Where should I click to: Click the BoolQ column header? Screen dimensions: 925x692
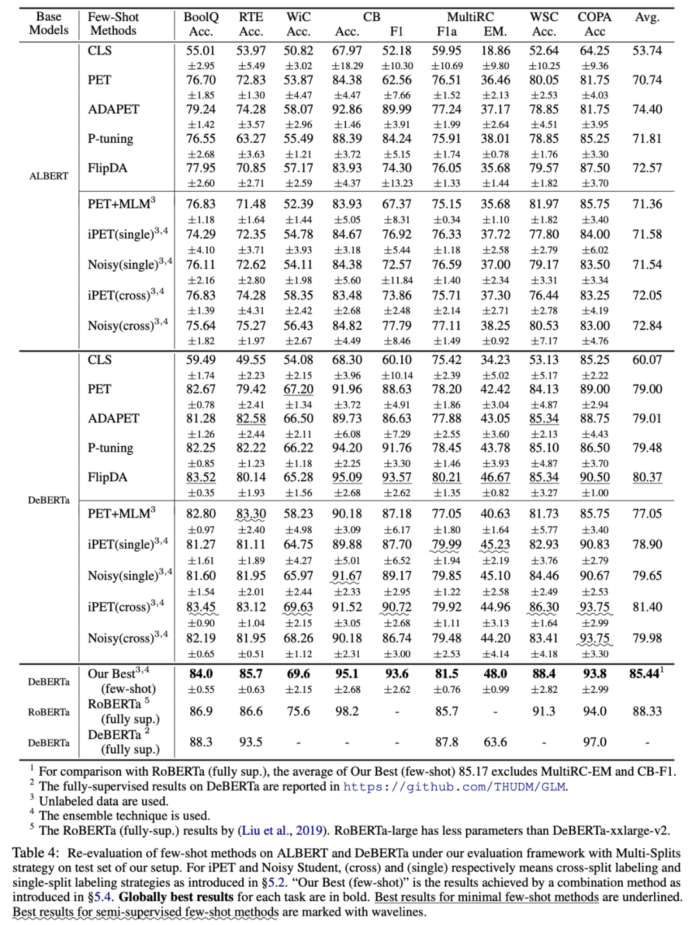201,17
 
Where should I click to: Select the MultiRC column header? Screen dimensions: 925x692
470,17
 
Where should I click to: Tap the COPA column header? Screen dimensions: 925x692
594,17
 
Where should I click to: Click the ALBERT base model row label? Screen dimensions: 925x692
49,176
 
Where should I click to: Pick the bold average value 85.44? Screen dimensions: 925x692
646,674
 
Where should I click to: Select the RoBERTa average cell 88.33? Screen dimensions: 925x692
647,712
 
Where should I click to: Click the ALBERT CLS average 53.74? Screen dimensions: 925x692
647,51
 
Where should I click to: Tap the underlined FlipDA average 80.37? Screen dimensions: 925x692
647,478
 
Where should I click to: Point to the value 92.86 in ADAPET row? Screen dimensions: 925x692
347,110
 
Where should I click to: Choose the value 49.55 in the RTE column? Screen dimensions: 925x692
251,360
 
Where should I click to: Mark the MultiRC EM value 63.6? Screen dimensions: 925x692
495,742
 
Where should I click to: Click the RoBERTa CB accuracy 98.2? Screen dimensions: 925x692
347,712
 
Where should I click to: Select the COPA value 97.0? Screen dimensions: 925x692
594,742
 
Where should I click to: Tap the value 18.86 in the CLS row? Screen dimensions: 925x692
495,51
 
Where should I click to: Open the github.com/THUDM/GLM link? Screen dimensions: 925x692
455,787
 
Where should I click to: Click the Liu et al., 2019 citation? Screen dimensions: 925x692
282,831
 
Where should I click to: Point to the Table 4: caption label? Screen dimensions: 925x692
36,853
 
